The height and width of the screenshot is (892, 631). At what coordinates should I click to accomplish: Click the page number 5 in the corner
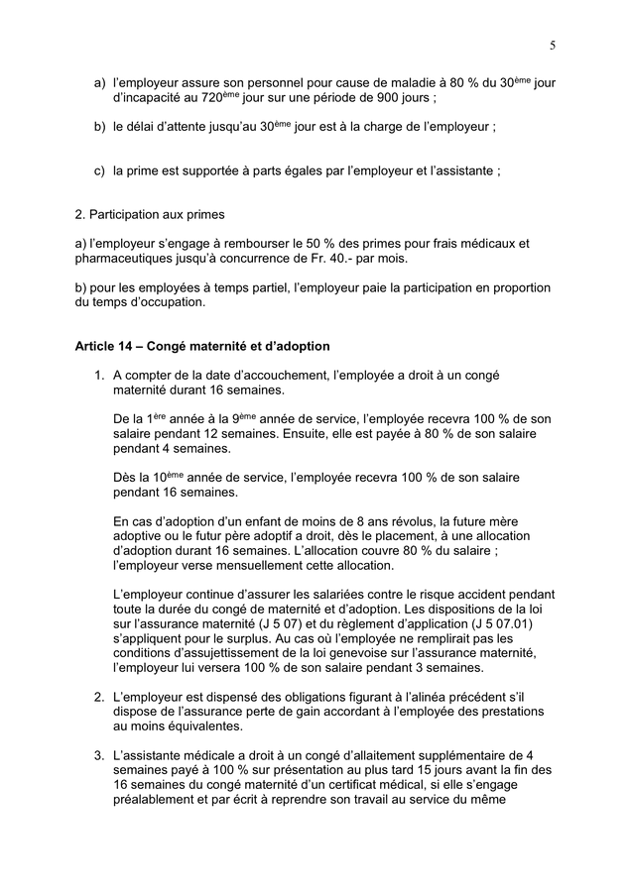tap(552, 45)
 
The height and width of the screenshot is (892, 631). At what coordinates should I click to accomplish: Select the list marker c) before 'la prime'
tap(99, 170)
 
